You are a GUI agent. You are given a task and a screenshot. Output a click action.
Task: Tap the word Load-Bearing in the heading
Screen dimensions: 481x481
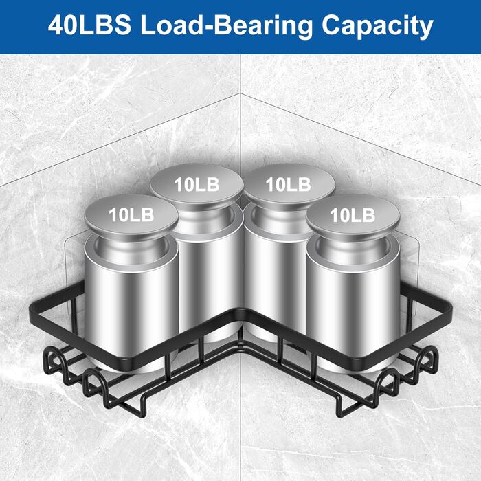pos(226,27)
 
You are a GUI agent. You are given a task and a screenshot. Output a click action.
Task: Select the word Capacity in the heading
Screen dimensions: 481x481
pos(377,27)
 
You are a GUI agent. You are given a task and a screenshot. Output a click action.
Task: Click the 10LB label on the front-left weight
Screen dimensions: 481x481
pos(131,214)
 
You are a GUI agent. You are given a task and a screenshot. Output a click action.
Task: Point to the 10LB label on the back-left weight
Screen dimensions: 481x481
pos(197,185)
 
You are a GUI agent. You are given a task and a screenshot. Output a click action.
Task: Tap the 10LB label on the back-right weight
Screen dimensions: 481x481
pos(288,185)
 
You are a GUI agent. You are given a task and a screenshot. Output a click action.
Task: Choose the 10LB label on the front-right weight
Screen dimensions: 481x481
pos(353,215)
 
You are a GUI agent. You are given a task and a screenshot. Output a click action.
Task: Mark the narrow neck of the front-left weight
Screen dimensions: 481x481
pos(131,245)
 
